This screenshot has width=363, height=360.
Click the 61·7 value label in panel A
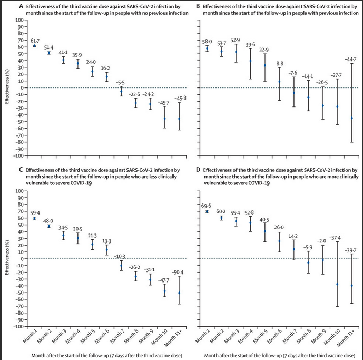[34, 40]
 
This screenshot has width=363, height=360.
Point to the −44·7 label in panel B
[351, 59]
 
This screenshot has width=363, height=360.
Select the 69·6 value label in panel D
[207, 206]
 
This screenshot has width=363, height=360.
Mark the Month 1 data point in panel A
[34, 46]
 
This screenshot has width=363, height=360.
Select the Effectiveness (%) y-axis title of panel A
[6, 87]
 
